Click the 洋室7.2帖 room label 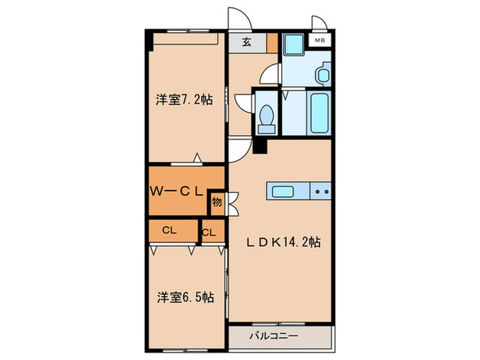pos(183,100)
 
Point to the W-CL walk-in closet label pos(176,192)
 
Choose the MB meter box pos(320,41)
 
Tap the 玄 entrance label pos(246,41)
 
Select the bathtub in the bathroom pos(320,114)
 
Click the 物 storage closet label pos(217,202)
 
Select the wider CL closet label pos(168,231)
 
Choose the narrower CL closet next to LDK pos(209,232)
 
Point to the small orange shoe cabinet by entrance pos(272,42)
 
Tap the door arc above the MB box pos(317,23)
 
